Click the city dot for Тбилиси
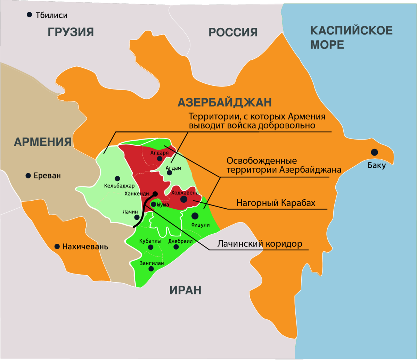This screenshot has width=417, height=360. [x=30, y=15]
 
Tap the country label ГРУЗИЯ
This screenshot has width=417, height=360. [x=71, y=32]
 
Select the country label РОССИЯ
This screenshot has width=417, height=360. [x=233, y=32]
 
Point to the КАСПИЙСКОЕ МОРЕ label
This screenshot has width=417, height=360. [x=351, y=37]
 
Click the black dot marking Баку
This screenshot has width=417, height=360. [x=374, y=152]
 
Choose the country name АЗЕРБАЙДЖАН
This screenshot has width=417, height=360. [x=224, y=102]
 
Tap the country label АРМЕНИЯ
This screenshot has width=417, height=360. [x=43, y=142]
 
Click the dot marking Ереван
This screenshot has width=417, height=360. [x=28, y=176]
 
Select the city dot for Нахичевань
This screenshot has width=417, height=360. [x=57, y=246]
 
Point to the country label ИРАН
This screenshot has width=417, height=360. [x=185, y=290]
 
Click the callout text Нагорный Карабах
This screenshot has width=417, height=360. [x=276, y=203]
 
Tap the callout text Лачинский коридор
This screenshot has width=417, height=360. [x=260, y=244]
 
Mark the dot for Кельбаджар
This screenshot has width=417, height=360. [x=117, y=179]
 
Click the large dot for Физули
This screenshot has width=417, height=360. [x=195, y=216]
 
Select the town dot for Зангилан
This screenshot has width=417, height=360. [x=151, y=269]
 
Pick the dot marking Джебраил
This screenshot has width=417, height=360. [x=176, y=247]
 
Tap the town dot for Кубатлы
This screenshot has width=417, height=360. [x=150, y=247]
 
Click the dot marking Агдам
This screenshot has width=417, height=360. [x=169, y=173]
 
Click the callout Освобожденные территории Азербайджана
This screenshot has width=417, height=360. [x=284, y=165]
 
